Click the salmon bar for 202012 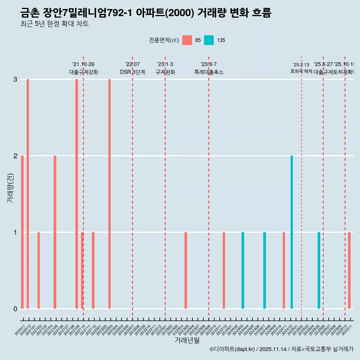28,194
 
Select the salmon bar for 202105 55,232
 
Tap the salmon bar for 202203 109,194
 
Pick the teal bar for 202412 292,232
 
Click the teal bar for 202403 243,270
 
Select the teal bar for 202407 264,270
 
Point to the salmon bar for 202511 349,270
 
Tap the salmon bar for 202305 186,270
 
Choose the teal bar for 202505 319,270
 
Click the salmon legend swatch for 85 187,40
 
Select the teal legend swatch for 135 209,40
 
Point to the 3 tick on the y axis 15,79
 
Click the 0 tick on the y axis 15,309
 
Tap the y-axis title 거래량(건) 10,187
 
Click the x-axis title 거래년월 187,340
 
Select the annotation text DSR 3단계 132,72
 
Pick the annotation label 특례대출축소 208,72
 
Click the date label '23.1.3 165,64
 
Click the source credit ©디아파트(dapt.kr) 232,349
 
